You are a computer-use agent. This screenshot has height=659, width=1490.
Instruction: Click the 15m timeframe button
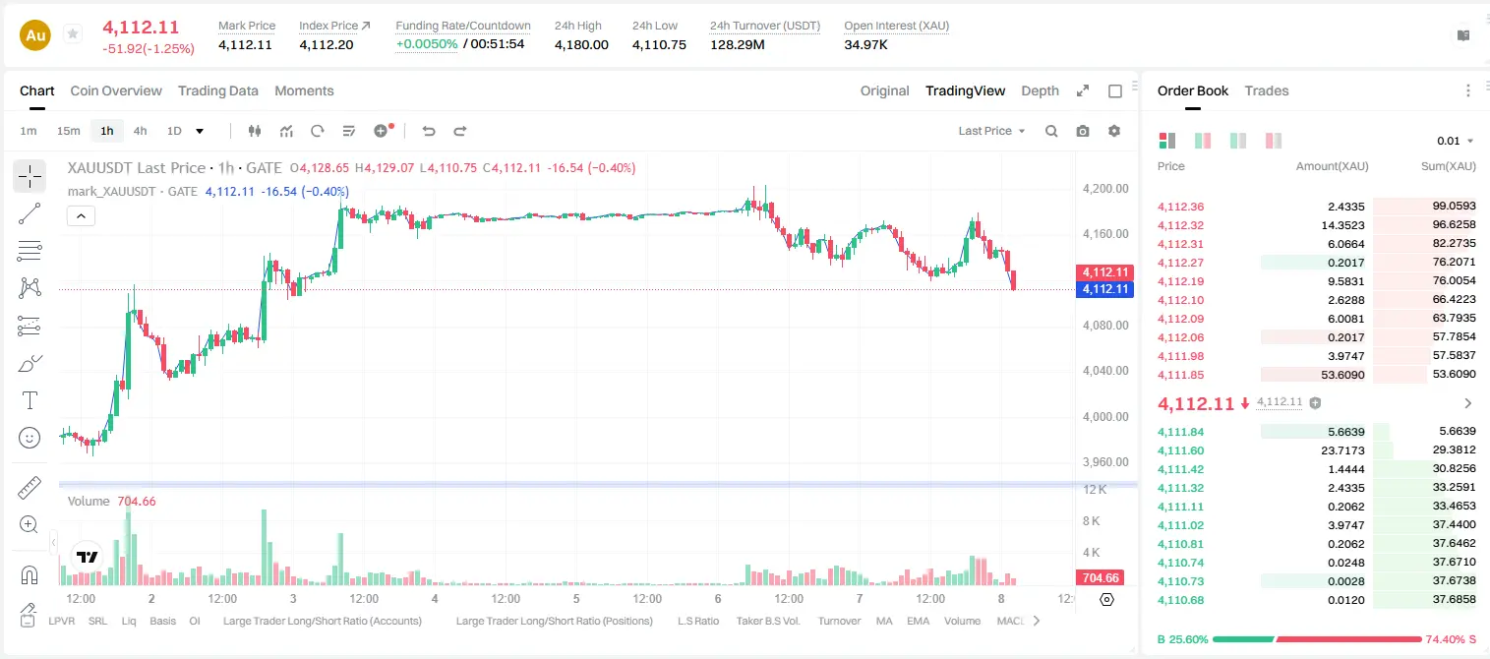click(x=68, y=131)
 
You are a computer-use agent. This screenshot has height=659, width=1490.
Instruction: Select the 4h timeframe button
click(x=140, y=131)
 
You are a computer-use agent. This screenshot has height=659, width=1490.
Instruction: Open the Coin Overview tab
click(x=116, y=90)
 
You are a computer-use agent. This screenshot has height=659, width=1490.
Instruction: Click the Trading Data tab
click(x=217, y=90)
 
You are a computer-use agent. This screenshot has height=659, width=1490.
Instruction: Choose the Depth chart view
click(x=1040, y=90)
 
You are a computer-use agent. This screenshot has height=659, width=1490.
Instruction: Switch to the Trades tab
click(x=1267, y=90)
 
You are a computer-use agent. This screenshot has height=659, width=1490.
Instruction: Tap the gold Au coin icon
click(x=35, y=35)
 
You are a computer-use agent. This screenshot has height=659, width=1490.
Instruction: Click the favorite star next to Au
click(x=73, y=33)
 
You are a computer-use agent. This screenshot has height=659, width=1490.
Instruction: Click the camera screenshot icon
click(x=1083, y=131)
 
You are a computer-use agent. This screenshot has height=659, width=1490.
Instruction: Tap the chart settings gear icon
click(x=1114, y=131)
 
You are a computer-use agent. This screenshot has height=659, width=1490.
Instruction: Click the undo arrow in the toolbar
click(x=429, y=131)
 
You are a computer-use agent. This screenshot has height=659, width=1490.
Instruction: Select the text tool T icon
click(x=30, y=400)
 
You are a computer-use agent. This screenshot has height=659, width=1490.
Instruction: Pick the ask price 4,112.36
click(x=1180, y=207)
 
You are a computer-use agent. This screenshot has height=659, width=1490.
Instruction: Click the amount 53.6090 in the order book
click(x=1342, y=375)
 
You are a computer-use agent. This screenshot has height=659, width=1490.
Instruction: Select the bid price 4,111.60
click(x=1180, y=450)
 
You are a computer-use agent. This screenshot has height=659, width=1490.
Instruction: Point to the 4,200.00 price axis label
click(x=1105, y=188)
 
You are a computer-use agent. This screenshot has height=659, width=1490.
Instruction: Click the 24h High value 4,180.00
click(x=581, y=44)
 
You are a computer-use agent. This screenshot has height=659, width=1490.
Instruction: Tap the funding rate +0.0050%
click(x=427, y=44)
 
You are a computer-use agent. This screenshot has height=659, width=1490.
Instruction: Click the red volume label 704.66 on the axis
click(x=1101, y=578)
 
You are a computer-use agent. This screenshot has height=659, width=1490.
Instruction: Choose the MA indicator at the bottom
click(x=884, y=621)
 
